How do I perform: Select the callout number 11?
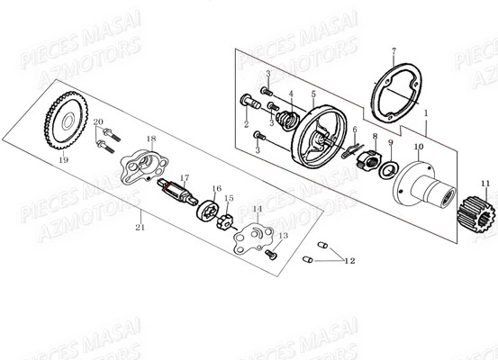pyautogui.click(x=485, y=184)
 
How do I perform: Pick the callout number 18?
pyautogui.click(x=151, y=138)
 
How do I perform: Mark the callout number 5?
pyautogui.click(x=312, y=93)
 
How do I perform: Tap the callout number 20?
pyautogui.click(x=97, y=121)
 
